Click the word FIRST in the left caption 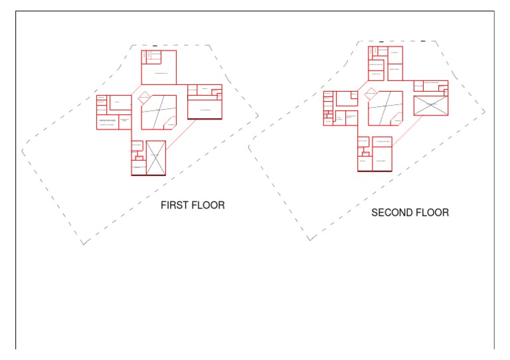(175, 205)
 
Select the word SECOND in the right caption (392, 213)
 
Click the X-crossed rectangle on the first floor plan (156, 157)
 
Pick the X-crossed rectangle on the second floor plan (430, 106)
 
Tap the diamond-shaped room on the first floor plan (145, 100)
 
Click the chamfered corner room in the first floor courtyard (170, 124)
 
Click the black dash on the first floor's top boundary (155, 46)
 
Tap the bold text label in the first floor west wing (108, 120)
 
